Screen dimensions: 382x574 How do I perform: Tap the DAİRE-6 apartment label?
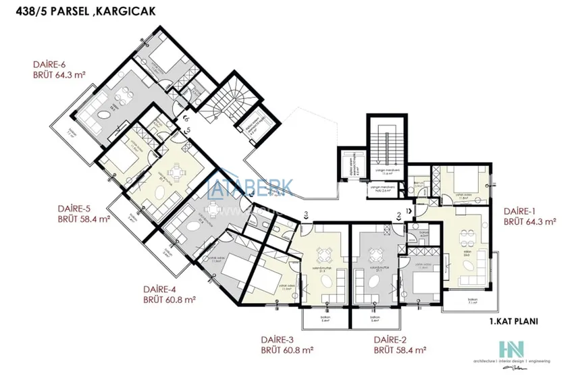[x=49, y=65]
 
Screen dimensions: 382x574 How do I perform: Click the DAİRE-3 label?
[x=278, y=339]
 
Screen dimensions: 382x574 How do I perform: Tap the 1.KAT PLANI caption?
[x=514, y=322]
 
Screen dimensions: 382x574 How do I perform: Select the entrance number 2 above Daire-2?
[x=400, y=215]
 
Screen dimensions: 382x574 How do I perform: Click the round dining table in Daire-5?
[x=177, y=175]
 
